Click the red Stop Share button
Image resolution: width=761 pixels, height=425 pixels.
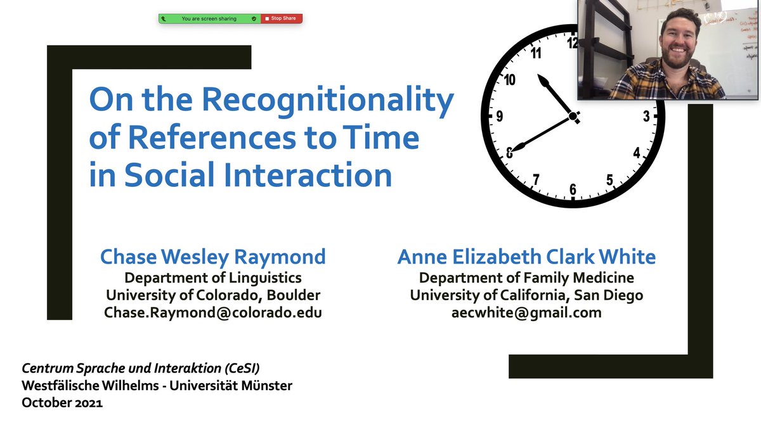coord(282,18)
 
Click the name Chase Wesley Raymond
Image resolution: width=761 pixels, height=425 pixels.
coord(213,257)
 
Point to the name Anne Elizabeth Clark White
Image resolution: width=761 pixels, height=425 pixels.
coord(526,257)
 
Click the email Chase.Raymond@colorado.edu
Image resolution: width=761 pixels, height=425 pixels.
coord(213,312)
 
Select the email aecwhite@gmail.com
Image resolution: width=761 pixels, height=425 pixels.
coord(526,312)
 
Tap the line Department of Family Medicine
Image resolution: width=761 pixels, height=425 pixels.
coord(526,277)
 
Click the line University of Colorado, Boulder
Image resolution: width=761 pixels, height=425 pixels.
coord(213,295)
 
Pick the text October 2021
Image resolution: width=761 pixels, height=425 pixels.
coord(62,402)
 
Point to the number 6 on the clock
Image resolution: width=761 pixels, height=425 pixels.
coord(573,189)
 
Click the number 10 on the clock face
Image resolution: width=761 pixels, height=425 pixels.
coord(510,80)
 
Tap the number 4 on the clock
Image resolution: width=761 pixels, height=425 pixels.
coord(637,153)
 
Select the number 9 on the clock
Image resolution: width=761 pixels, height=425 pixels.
coord(500,117)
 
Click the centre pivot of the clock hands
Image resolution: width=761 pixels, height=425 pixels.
coord(573,117)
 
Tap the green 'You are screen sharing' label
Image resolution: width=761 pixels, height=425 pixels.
coord(209,18)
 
